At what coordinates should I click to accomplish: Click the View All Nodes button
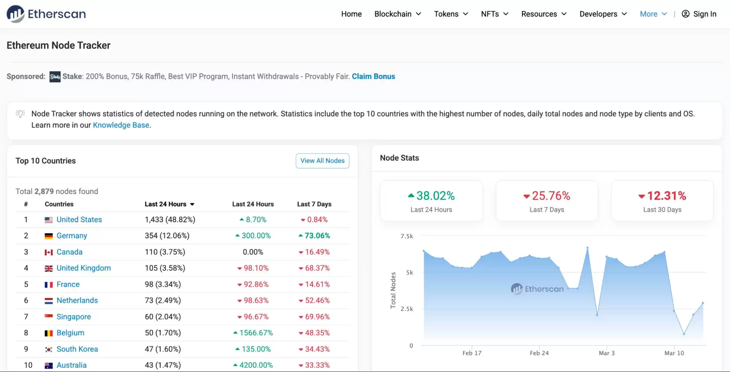[x=322, y=161]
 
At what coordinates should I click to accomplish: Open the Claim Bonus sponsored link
[x=373, y=76]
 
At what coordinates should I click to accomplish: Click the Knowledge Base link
[x=121, y=125]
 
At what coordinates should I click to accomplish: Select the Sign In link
[x=699, y=14]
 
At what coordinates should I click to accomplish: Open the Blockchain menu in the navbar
[x=397, y=14]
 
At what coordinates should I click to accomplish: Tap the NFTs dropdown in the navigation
[x=494, y=14]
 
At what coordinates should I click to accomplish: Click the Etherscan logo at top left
[x=46, y=14]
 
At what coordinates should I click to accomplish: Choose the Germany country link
[x=72, y=235]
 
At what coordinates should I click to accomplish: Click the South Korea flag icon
[x=49, y=349]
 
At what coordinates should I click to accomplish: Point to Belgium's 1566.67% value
[x=256, y=333]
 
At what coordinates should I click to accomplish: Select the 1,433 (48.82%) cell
[x=170, y=219]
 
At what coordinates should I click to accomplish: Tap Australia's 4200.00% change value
[x=256, y=365]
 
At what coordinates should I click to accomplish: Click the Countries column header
[x=59, y=204]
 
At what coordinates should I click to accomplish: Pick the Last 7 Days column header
[x=314, y=204]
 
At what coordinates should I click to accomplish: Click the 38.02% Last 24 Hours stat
[x=435, y=196]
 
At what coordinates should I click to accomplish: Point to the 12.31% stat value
[x=666, y=196]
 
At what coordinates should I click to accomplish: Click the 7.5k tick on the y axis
[x=407, y=236]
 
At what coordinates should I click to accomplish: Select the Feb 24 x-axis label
[x=539, y=353]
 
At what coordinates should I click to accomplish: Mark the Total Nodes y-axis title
[x=393, y=290]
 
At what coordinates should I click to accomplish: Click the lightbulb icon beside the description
[x=20, y=114]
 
